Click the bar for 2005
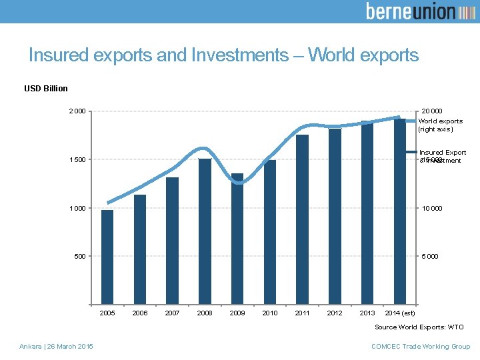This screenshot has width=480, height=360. [107, 257]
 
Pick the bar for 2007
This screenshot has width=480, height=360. [172, 241]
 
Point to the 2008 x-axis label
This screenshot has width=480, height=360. [205, 313]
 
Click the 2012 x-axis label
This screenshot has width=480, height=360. [335, 313]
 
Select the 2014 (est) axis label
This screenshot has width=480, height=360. [400, 313]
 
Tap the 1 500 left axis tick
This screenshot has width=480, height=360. [76, 160]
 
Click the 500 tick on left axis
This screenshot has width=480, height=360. [79, 256]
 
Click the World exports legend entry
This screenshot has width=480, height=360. [440, 125]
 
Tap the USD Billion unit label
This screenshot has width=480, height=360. [46, 89]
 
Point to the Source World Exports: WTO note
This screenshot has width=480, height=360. [419, 327]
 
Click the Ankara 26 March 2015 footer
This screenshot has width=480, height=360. [56, 346]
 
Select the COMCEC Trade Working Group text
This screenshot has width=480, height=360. [420, 346]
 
